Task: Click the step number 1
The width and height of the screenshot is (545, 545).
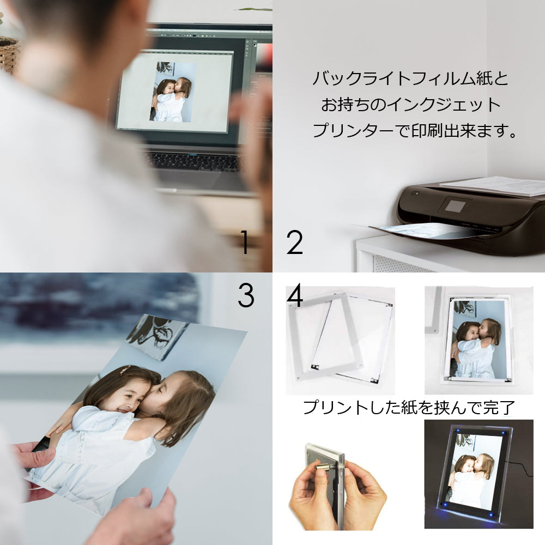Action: (x=245, y=242)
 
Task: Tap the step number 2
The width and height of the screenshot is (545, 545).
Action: (x=294, y=242)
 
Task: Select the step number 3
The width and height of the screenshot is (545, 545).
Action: (x=246, y=295)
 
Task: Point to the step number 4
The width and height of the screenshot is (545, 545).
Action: (x=295, y=295)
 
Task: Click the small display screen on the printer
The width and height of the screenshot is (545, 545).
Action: (x=455, y=207)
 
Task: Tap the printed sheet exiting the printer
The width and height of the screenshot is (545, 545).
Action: (x=431, y=231)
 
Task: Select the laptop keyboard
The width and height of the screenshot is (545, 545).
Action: (x=195, y=162)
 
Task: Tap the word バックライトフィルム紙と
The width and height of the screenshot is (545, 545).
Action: (x=410, y=78)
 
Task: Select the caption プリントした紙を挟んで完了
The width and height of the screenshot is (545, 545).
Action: (x=409, y=407)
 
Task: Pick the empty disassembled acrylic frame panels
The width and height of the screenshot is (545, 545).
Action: (x=341, y=337)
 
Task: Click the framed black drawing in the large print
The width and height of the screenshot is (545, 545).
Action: (x=158, y=335)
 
